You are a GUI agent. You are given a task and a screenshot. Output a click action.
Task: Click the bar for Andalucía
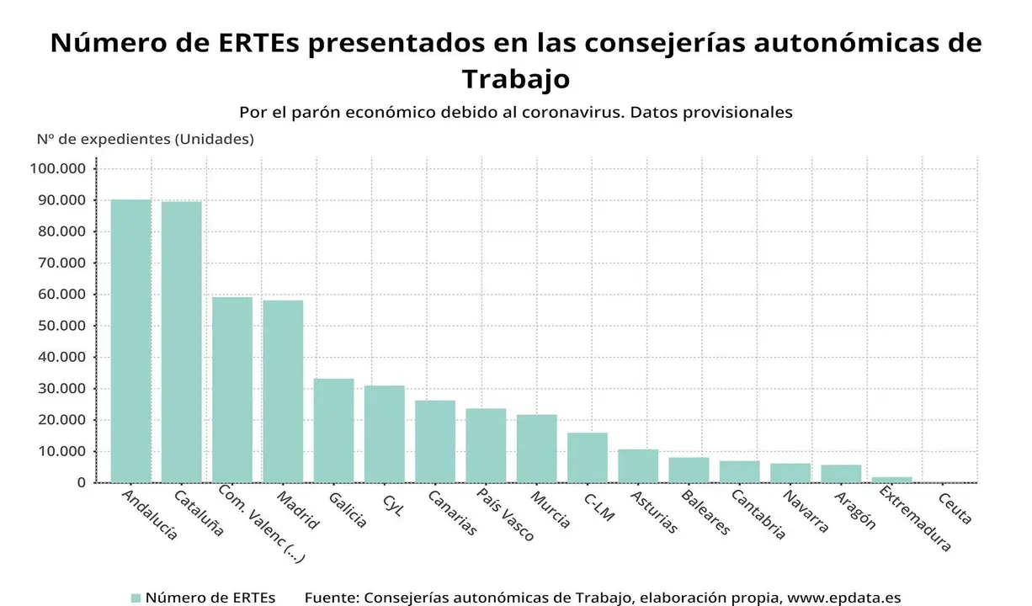tap(131, 341)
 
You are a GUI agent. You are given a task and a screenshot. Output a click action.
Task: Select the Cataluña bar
tap(182, 342)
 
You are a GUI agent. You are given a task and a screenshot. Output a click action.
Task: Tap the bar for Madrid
tap(283, 391)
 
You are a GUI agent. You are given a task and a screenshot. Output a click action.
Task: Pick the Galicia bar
tap(334, 430)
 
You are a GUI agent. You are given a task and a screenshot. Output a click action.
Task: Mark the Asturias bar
tap(638, 465)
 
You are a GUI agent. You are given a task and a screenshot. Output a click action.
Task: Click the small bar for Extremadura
tap(891, 479)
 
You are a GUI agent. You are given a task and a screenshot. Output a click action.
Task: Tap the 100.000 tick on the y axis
tap(57, 169)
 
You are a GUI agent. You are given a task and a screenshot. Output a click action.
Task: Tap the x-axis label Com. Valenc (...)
tap(261, 522)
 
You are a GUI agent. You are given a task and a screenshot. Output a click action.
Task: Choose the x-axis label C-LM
tap(598, 507)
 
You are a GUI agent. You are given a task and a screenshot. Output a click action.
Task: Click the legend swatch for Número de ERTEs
tap(136, 598)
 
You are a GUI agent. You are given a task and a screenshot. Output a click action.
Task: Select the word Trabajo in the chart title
tap(515, 78)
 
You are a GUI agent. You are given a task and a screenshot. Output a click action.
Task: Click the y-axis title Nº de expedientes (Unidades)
tap(145, 139)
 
